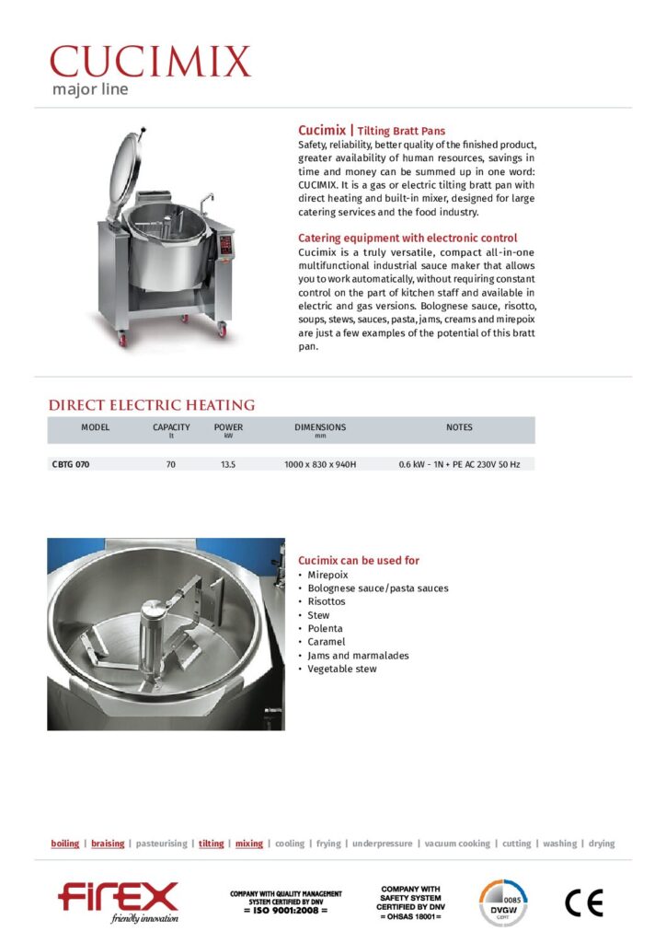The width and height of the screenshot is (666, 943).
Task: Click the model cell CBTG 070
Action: (x=70, y=465)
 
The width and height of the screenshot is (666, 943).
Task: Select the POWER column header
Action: (x=228, y=427)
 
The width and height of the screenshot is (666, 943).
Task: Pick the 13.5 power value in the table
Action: (x=228, y=465)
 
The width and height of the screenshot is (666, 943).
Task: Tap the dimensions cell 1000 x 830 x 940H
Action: (x=320, y=465)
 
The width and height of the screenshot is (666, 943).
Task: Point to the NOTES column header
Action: (x=459, y=427)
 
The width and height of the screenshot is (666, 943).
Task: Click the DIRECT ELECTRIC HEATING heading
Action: (x=152, y=405)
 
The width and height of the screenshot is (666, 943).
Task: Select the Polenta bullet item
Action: (x=326, y=628)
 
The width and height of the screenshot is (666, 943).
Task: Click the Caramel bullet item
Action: (x=327, y=642)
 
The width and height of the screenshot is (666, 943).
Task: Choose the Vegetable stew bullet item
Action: (x=342, y=669)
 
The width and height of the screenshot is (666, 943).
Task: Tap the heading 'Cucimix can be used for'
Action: (x=359, y=560)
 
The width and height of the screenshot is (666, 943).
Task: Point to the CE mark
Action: (x=584, y=903)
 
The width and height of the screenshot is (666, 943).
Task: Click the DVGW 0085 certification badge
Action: (x=502, y=902)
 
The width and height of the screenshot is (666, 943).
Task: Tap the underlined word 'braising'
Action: (x=108, y=844)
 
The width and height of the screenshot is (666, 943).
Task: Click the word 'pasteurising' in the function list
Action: (x=161, y=844)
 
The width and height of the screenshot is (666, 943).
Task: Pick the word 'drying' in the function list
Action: (x=602, y=844)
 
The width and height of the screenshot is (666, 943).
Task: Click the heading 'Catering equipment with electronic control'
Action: (x=408, y=238)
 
